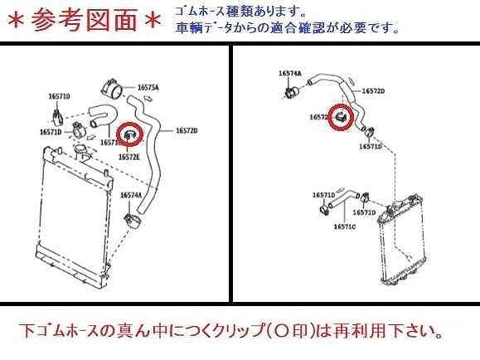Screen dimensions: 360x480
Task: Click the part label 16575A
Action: [x=148, y=87]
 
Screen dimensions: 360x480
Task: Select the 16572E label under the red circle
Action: [x=128, y=156]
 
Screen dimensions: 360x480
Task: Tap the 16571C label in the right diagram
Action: [x=345, y=225]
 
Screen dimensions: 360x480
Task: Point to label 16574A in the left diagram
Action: [x=131, y=195]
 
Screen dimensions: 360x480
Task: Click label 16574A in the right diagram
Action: [x=289, y=74]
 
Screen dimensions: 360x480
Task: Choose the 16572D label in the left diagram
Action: [x=187, y=130]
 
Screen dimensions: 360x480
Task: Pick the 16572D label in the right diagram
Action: [x=372, y=90]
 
